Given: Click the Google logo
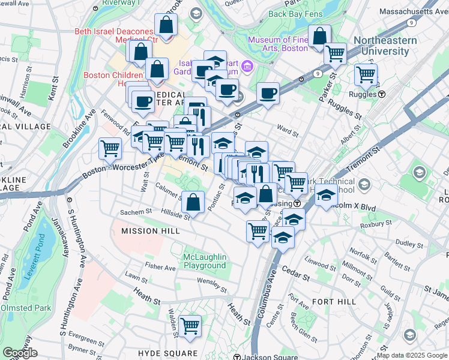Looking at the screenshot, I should tap(20, 353).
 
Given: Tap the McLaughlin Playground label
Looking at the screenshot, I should tap(205, 262).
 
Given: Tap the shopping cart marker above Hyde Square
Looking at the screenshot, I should tap(190, 326).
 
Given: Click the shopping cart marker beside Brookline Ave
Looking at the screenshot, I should tap(110, 148).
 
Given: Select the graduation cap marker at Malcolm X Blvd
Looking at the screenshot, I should tap(326, 195).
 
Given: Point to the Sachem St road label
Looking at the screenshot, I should tap(136, 212).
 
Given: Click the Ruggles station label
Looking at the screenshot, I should tap(372, 94).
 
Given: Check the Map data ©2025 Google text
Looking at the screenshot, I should tap(412, 355).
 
